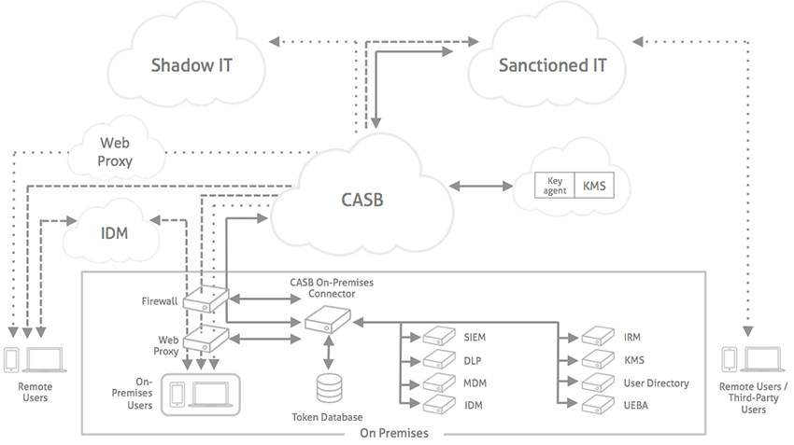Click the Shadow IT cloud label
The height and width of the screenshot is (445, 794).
click(x=191, y=65)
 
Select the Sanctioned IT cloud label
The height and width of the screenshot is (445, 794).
click(x=552, y=65)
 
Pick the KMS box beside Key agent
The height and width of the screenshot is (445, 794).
click(x=594, y=185)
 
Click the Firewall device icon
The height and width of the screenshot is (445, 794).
click(x=206, y=300)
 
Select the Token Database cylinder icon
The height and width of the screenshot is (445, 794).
click(x=329, y=387)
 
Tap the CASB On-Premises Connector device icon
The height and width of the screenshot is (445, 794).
click(x=327, y=323)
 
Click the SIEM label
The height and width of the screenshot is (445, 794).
click(x=475, y=337)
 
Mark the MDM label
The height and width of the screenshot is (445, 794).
click(x=475, y=382)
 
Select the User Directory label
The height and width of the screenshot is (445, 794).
click(x=656, y=382)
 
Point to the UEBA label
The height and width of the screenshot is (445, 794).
click(x=637, y=405)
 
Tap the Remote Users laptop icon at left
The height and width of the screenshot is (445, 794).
click(x=45, y=359)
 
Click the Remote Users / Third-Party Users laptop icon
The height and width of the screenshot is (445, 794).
click(x=764, y=359)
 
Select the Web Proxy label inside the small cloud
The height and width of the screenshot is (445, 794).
click(x=116, y=152)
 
